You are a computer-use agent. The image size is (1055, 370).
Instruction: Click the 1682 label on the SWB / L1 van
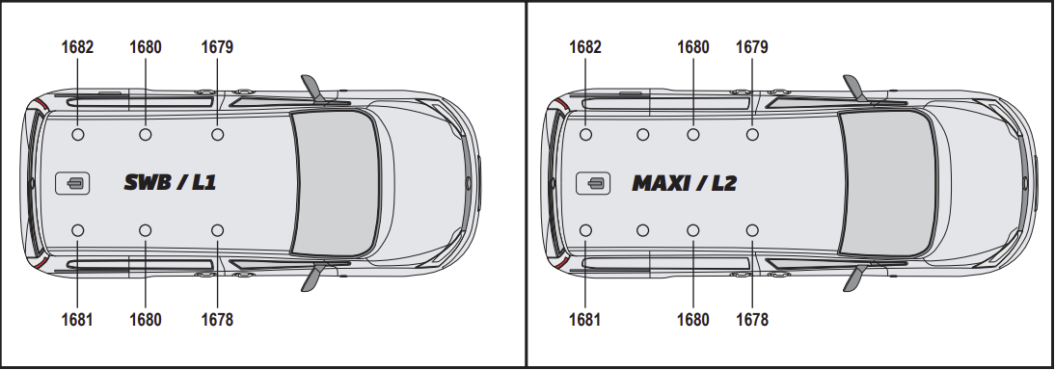[77, 47]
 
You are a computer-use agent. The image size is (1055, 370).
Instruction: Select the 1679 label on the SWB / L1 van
[217, 47]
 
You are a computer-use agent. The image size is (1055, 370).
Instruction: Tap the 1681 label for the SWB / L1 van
[77, 319]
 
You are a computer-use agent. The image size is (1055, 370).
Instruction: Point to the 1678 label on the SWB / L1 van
[217, 319]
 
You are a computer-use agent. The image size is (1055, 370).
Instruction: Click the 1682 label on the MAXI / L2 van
[585, 47]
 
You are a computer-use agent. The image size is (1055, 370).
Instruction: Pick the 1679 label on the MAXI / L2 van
[751, 47]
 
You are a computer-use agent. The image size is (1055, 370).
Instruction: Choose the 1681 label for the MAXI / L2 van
[585, 319]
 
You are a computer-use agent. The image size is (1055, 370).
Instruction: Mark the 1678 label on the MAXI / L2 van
[751, 319]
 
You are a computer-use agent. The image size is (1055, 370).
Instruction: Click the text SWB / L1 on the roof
[170, 182]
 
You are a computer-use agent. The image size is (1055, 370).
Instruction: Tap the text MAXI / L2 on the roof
[685, 182]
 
